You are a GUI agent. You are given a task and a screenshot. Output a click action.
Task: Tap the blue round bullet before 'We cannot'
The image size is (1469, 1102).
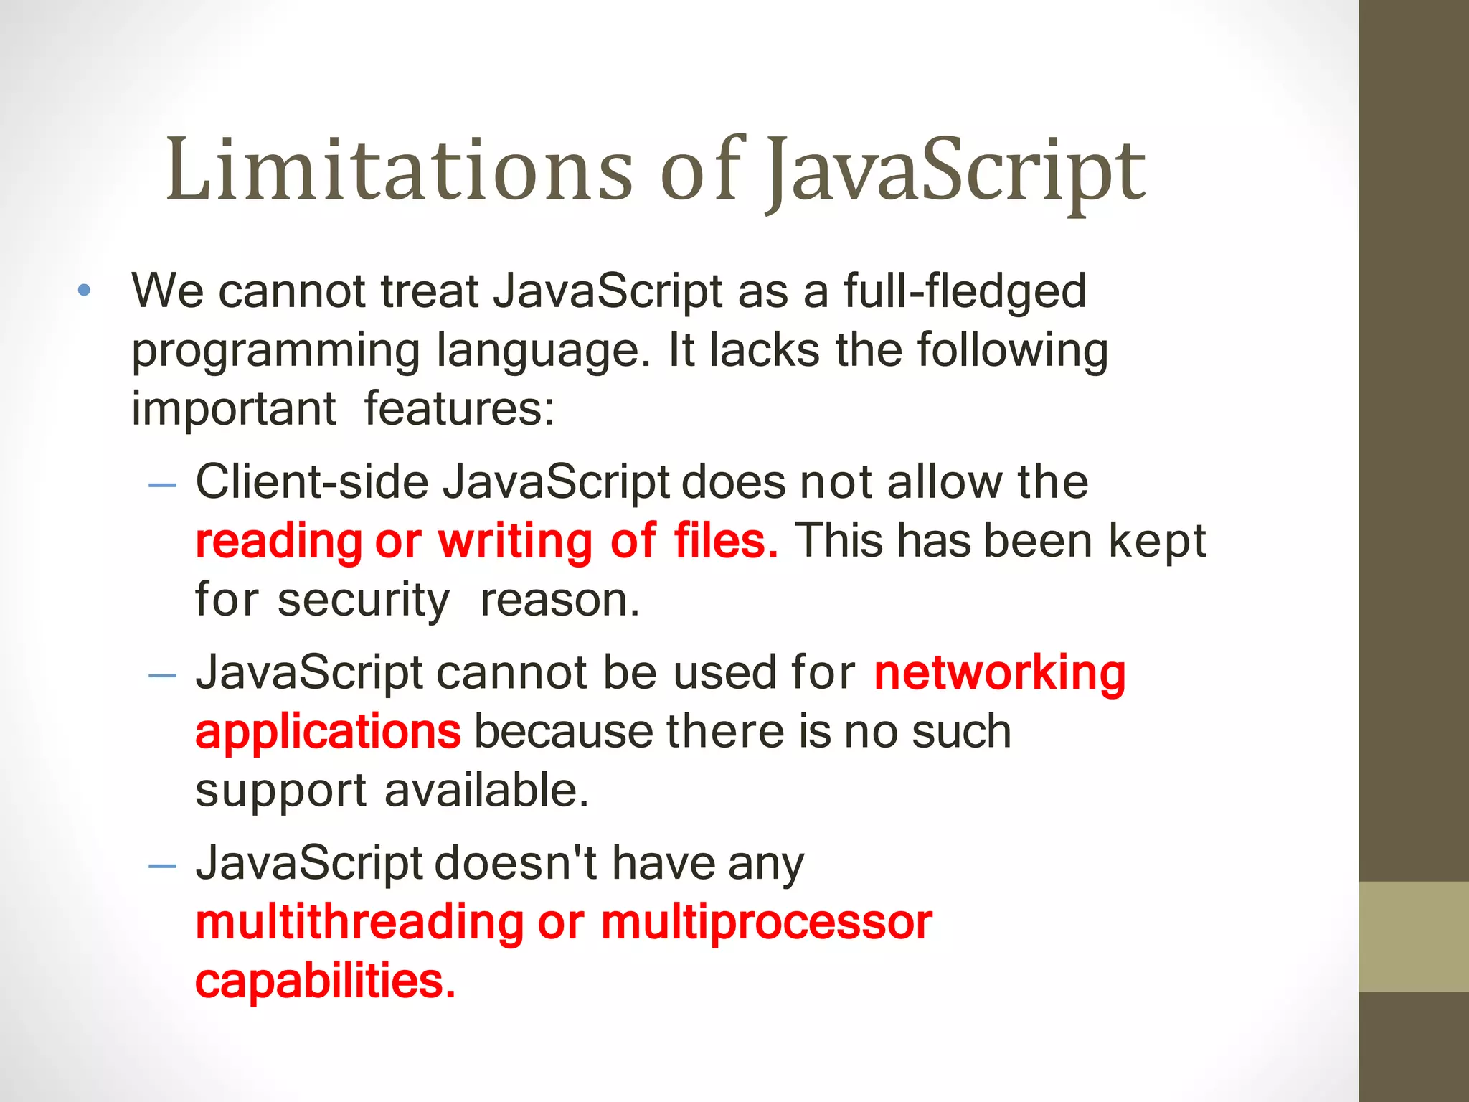click(x=85, y=291)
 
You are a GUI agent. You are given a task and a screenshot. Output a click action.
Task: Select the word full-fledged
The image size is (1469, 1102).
click(x=964, y=292)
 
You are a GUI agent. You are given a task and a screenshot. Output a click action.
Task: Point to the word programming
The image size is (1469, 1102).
click(x=275, y=352)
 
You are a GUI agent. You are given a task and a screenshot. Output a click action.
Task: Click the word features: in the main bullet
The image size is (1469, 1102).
click(x=459, y=409)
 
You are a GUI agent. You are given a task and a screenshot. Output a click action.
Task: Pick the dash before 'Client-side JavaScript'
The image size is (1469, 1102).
click(x=162, y=485)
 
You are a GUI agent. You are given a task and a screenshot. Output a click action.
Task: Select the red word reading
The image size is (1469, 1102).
click(x=279, y=542)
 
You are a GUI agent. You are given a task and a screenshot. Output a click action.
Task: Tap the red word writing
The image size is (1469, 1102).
click(x=515, y=542)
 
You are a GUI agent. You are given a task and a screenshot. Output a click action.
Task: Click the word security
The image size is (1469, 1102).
click(x=364, y=601)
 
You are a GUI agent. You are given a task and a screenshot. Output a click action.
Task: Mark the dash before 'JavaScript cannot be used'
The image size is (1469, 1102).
click(x=162, y=676)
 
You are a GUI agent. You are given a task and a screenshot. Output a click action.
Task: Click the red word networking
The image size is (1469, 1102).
click(x=1000, y=674)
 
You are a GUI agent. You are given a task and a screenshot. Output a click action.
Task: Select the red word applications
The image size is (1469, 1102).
click(x=328, y=733)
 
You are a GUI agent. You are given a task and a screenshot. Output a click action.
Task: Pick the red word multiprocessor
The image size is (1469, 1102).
click(x=767, y=923)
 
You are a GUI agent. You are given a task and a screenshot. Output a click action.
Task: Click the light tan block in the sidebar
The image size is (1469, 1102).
click(x=1413, y=936)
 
